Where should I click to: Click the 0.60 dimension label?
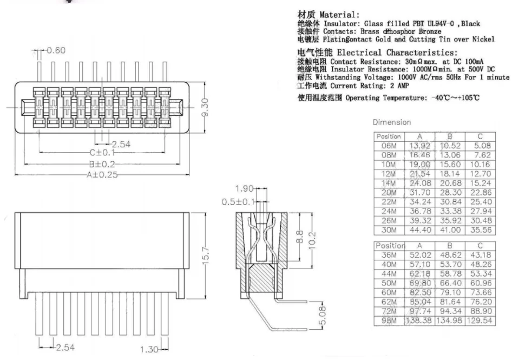coord(56,50)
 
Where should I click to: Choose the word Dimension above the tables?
coord(391,123)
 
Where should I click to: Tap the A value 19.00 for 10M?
coord(419,164)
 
